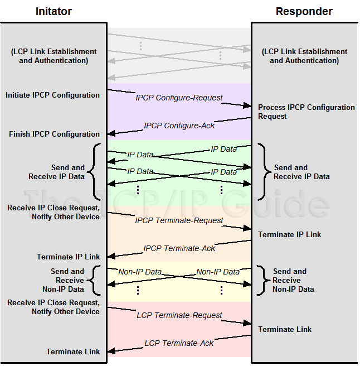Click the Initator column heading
(53, 11)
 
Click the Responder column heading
(304, 11)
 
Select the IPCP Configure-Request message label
(179, 98)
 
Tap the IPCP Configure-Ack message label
(179, 126)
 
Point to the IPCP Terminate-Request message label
(179, 220)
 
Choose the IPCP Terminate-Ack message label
(179, 248)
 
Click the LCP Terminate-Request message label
(179, 315)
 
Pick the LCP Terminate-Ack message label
(179, 343)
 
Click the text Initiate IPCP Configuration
(53, 95)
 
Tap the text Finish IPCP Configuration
(55, 134)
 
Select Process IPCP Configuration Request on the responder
(306, 112)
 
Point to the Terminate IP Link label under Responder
(289, 235)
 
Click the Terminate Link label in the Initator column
(73, 352)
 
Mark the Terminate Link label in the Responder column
(285, 330)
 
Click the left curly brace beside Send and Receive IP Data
(94, 172)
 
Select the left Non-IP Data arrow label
(140, 272)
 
